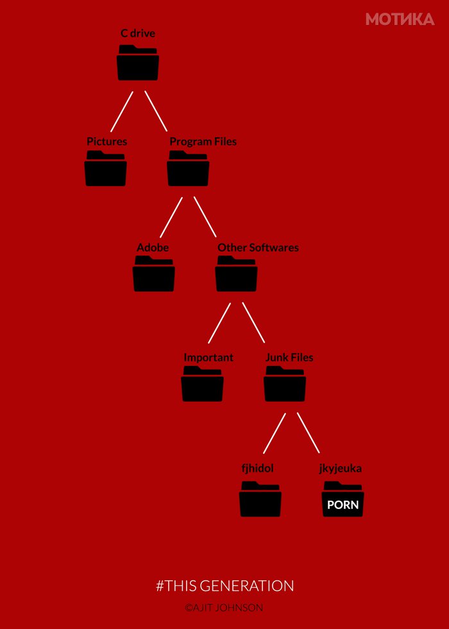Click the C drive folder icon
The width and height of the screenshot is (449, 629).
coord(138,63)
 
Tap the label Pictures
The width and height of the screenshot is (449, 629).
coord(107,142)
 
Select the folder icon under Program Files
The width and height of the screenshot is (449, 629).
coord(188,168)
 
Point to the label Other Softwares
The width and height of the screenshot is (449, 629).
coord(258,248)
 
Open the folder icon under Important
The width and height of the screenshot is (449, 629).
coord(202,384)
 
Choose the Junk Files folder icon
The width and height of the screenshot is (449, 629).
coord(285,384)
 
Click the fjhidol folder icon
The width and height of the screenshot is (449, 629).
coord(260,499)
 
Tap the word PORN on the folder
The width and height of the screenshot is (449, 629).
coord(343,504)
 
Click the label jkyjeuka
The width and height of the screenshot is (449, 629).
coord(341,469)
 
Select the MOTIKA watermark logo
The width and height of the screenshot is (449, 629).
coord(400,19)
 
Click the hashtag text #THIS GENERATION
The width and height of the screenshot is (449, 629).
coord(224,585)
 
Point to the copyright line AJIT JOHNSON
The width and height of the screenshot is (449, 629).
coord(224,608)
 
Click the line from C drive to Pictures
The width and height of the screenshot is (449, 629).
coord(121,112)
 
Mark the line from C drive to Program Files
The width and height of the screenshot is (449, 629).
coord(156,111)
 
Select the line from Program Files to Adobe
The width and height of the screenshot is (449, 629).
coord(171,217)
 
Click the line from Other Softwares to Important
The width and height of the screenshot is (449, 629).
coord(219,323)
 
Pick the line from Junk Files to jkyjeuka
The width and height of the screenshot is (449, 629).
coord(309,433)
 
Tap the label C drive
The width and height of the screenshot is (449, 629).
coord(138,33)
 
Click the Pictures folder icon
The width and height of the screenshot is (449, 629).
coord(106,168)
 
